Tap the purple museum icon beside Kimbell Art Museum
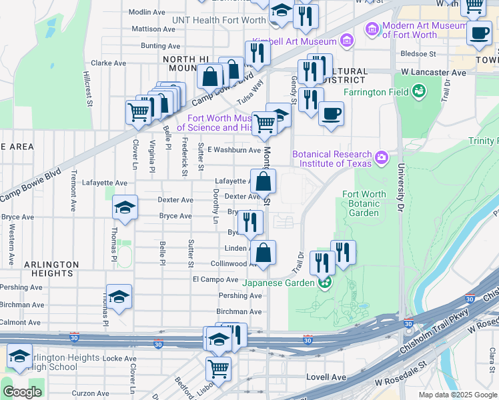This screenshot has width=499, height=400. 346,41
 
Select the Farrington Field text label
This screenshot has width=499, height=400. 375,92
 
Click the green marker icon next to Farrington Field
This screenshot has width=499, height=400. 418,89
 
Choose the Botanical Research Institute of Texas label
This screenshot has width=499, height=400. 333,158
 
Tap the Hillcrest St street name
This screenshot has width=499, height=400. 87,89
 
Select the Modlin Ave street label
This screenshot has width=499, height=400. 147,12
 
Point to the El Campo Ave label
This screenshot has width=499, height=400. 215,279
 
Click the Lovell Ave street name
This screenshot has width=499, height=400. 326,377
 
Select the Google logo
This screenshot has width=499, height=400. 22,392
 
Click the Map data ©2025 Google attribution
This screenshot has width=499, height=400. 457,395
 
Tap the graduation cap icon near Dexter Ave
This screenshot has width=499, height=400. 124,207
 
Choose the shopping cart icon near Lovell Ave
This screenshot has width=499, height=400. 218,367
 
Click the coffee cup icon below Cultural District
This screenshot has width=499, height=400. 330,113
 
